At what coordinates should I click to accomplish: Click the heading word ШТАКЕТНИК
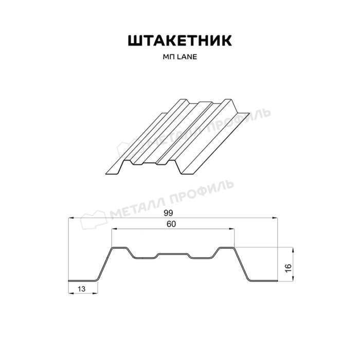[x=180, y=41]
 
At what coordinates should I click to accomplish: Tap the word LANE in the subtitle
[x=187, y=57]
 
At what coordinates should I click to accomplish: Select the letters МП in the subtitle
[x=169, y=57]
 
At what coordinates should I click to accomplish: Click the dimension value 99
[x=168, y=213]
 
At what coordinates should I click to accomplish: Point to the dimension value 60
[x=171, y=224]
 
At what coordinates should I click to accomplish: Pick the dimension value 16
[x=288, y=268]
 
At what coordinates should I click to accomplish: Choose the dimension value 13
[x=81, y=289]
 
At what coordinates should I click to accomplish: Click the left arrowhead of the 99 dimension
[x=71, y=218]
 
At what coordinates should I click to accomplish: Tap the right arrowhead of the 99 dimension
[x=275, y=218]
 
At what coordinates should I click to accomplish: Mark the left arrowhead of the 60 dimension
[x=114, y=229]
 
